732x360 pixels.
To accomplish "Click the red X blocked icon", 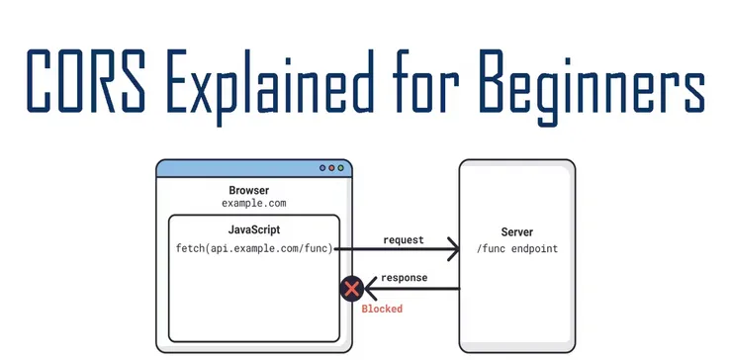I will coord(351,289).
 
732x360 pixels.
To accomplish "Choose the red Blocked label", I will coord(382,310).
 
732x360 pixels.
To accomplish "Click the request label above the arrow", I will coord(403,239).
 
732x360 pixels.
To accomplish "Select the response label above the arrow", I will coord(404,278).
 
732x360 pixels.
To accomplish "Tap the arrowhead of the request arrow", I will coord(454,249).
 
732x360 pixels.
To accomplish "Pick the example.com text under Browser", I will coord(253,203).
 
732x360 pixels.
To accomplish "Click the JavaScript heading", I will coord(253,229).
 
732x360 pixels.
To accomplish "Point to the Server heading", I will coord(516,231).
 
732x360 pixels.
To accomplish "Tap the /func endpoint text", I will coord(516,249).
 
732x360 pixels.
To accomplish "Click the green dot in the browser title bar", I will coord(341,169).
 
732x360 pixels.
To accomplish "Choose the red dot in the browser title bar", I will coord(331,169).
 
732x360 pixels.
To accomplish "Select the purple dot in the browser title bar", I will coord(322,169).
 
